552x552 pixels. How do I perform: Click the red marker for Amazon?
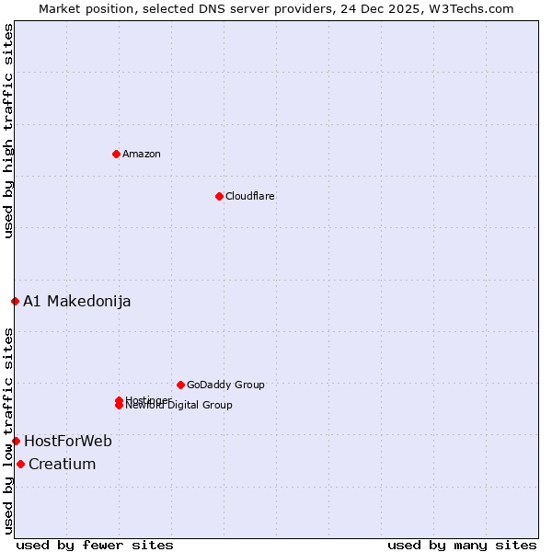[x=116, y=154]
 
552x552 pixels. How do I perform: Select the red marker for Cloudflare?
[x=219, y=196]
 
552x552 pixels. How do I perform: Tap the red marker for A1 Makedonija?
[x=15, y=301]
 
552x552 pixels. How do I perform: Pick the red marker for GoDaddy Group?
[x=180, y=385]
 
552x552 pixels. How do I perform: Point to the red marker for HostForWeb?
[x=16, y=441]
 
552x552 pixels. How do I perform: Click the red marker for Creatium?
[x=20, y=464]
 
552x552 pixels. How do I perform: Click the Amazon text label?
[x=142, y=154]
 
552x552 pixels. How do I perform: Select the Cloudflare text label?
[x=250, y=196]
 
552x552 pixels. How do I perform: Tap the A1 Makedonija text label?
[x=77, y=301]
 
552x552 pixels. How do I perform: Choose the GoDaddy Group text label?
[x=225, y=385]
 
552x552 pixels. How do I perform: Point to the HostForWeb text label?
[x=68, y=441]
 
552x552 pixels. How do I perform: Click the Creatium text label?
[x=63, y=464]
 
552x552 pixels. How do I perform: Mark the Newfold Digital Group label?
[x=179, y=406]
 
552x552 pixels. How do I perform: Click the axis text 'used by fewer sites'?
[x=95, y=545]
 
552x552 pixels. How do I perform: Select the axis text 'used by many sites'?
[x=462, y=545]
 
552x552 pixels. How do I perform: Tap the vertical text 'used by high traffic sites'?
[x=8, y=131]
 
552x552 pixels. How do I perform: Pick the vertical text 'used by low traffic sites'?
[x=8, y=431]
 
